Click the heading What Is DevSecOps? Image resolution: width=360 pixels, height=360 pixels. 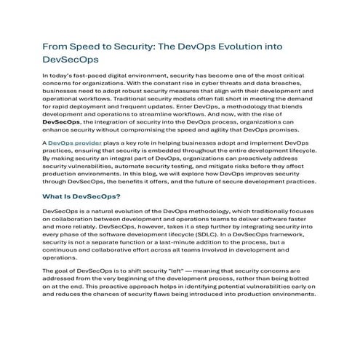pyautogui.click(x=81, y=196)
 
